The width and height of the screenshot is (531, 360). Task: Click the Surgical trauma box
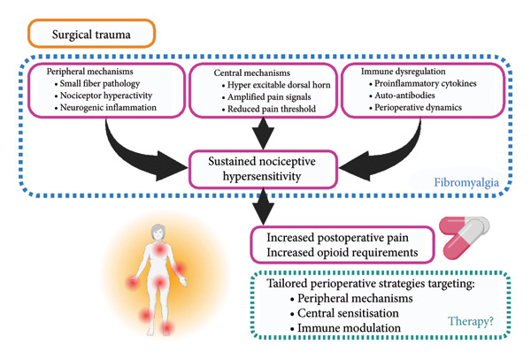click(91, 34)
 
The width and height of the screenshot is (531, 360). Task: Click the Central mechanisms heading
click(252, 73)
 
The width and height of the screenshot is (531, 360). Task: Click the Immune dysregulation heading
click(403, 72)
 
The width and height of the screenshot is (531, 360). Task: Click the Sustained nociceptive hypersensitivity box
click(263, 169)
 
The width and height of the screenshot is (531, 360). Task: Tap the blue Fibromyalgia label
click(466, 183)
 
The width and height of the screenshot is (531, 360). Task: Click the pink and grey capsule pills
click(464, 237)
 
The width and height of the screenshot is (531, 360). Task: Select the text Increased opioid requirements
click(342, 252)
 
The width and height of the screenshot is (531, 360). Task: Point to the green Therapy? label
click(471, 321)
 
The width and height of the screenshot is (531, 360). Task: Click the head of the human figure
click(158, 233)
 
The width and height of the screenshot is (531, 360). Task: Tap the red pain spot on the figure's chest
click(159, 250)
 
